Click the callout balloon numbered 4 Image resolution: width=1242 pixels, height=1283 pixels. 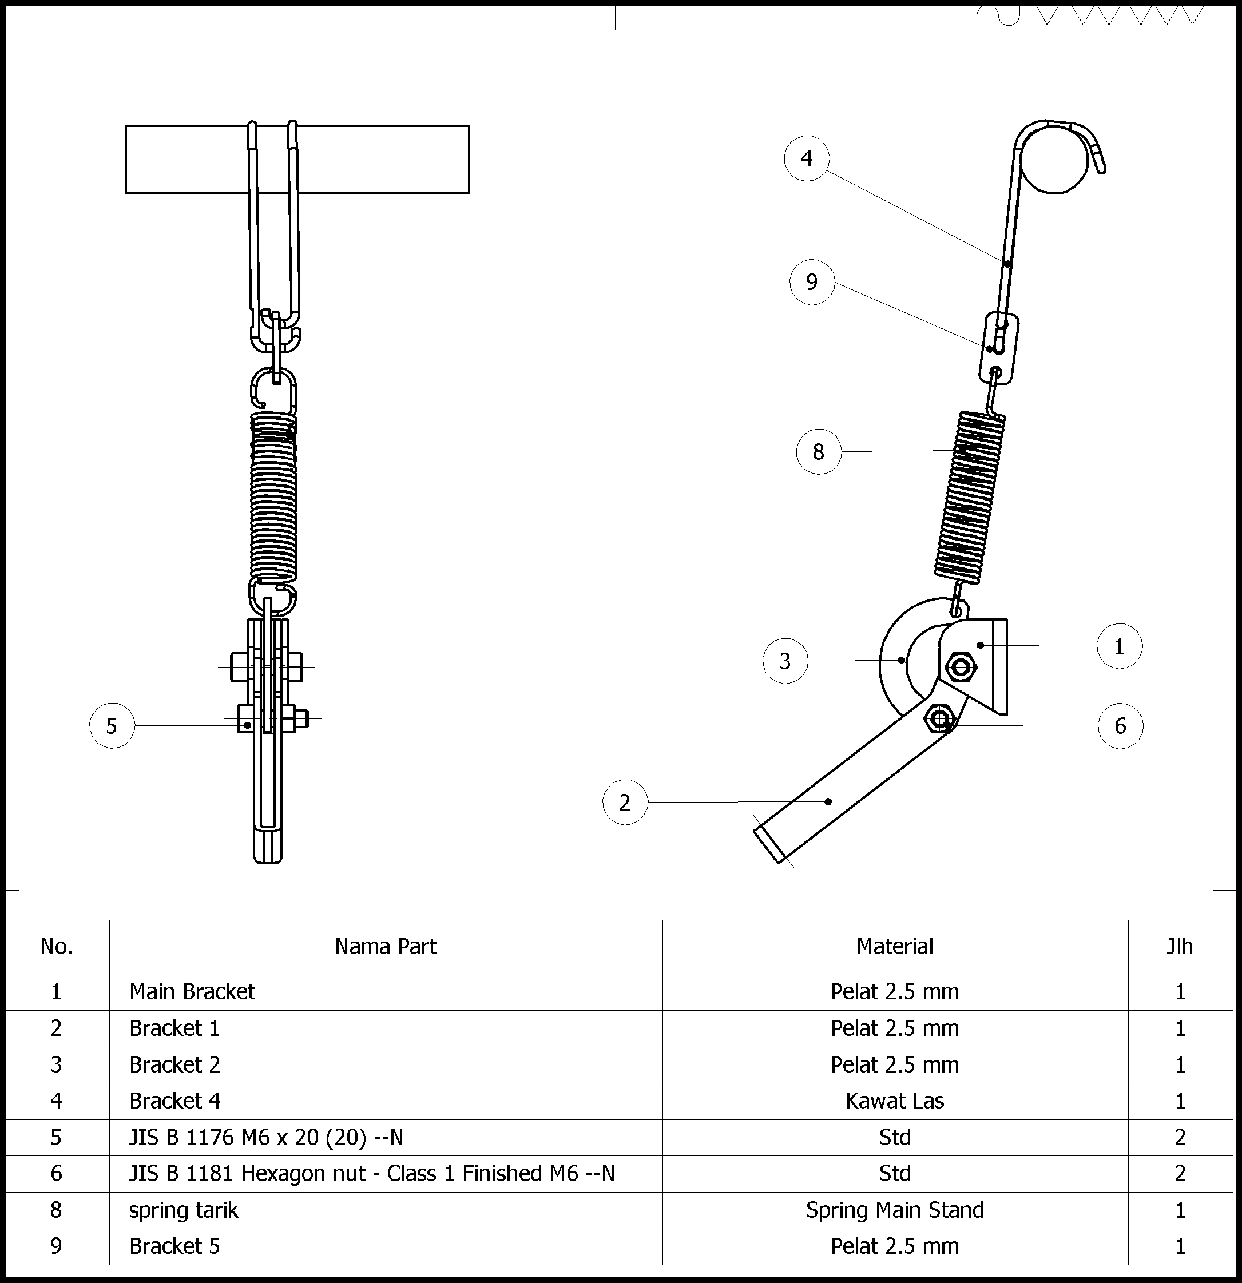tap(807, 158)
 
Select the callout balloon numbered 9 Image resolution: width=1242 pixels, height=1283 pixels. tap(812, 282)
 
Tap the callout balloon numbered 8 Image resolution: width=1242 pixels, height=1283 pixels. tap(819, 452)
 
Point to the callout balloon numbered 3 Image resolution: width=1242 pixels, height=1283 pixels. tap(785, 661)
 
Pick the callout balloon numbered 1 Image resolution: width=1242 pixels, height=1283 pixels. tap(1120, 647)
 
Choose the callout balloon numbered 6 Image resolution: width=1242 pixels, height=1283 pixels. tap(1120, 726)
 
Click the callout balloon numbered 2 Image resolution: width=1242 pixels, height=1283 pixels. tap(625, 803)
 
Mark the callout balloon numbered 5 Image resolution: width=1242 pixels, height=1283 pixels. tap(112, 726)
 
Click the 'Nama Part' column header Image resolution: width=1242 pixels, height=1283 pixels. tap(386, 947)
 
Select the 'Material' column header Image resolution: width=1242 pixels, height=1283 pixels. tap(895, 947)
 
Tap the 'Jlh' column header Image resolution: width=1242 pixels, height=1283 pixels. tap(1180, 947)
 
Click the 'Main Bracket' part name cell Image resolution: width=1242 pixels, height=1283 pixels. tap(192, 992)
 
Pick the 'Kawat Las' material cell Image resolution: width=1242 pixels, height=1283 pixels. tap(895, 1101)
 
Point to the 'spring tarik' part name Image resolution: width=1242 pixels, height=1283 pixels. tap(184, 1210)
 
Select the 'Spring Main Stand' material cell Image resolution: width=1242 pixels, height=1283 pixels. tap(895, 1210)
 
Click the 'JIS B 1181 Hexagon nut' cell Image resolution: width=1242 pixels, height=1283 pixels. tap(372, 1174)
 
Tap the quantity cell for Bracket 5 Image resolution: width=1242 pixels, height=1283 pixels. tap(1180, 1246)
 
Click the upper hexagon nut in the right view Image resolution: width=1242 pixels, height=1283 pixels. tap(961, 668)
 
